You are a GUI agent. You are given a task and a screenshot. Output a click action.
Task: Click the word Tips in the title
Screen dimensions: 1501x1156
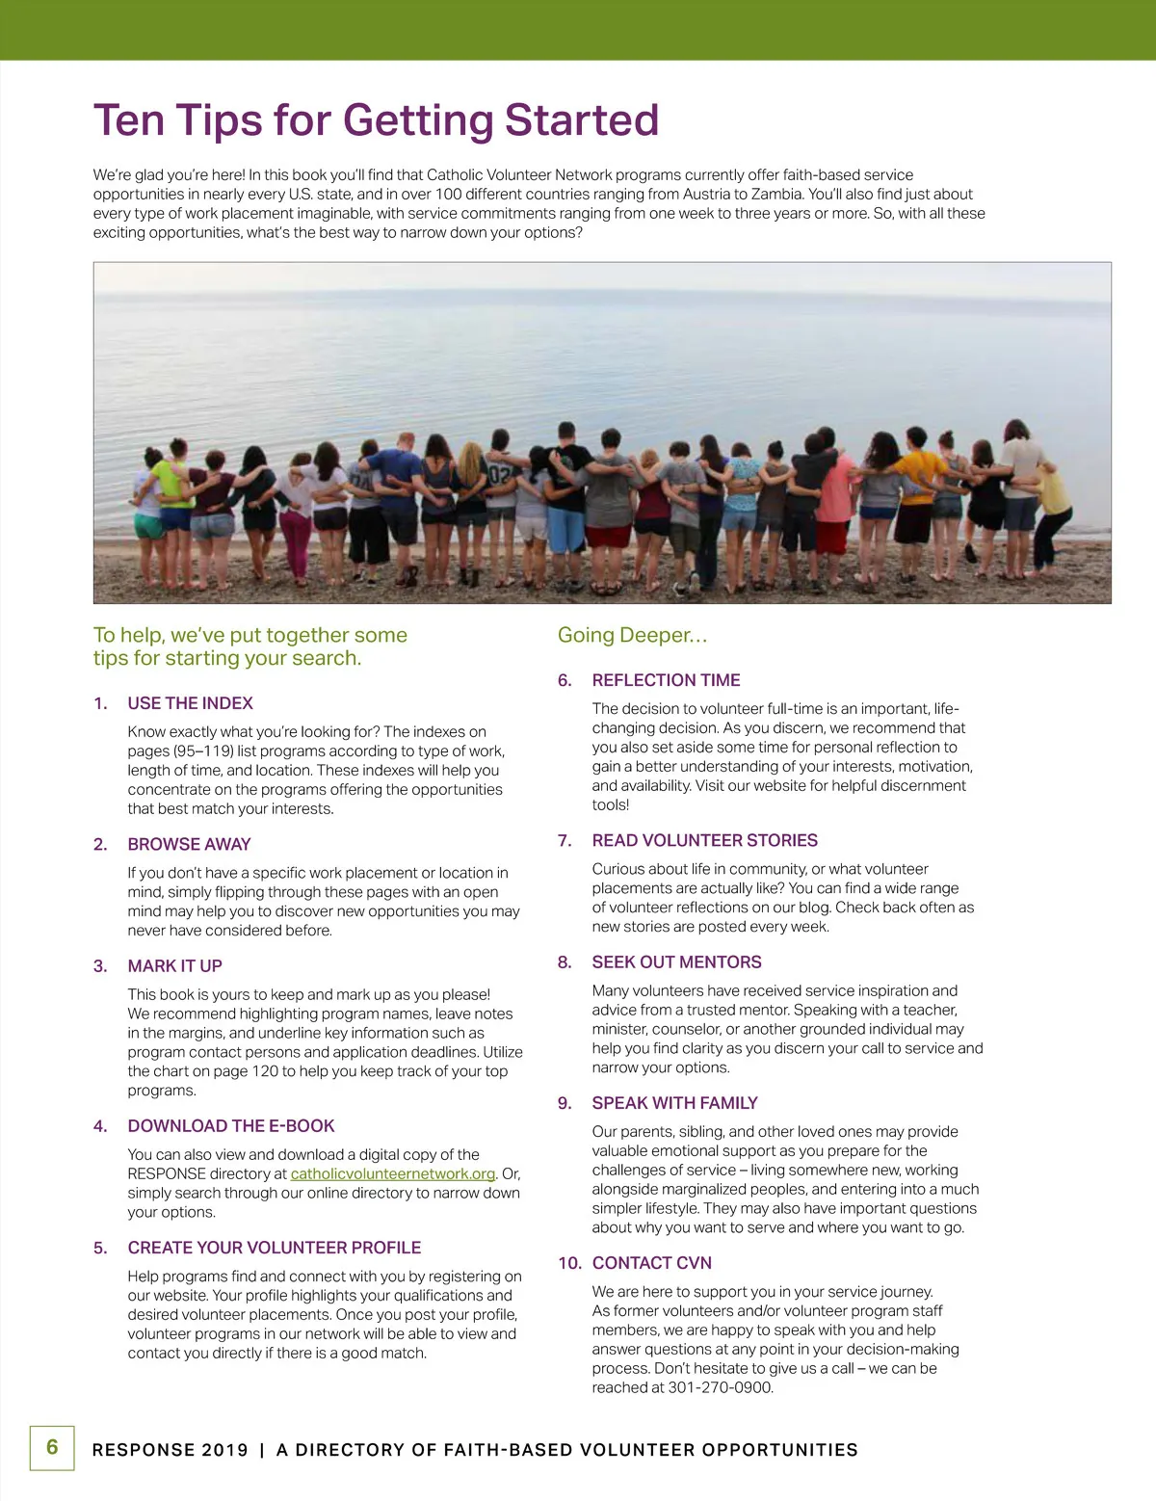pos(217,121)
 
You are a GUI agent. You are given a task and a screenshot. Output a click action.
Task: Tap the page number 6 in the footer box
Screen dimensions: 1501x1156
pos(52,1447)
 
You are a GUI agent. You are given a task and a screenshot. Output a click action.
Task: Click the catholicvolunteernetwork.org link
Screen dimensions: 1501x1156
pos(393,1173)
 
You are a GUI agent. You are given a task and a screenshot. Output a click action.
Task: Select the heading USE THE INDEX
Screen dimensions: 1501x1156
pos(190,703)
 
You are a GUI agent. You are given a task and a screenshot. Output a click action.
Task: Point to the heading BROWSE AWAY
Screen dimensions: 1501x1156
pos(189,844)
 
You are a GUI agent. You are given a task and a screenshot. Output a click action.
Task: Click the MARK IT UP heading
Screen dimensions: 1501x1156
pos(174,965)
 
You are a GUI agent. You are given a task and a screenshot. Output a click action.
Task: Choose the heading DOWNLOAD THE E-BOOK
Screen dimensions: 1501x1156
pos(231,1125)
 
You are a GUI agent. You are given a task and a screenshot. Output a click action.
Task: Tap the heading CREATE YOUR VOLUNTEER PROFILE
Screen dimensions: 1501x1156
pos(275,1248)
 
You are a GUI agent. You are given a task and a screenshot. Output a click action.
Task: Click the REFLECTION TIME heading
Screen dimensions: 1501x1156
pos(666,680)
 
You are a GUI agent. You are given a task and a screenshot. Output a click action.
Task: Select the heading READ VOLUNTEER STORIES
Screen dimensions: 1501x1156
pos(704,840)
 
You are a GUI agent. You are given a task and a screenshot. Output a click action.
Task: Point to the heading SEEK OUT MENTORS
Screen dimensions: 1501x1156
pos(676,961)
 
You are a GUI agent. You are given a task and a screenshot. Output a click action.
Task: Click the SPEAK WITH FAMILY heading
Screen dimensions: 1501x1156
pos(674,1102)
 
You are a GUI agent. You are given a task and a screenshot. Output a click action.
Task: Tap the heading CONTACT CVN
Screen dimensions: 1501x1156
pos(651,1263)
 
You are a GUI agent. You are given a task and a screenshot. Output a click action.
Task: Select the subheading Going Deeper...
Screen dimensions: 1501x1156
pos(632,635)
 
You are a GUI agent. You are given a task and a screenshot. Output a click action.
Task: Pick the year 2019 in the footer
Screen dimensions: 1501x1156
pos(225,1450)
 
